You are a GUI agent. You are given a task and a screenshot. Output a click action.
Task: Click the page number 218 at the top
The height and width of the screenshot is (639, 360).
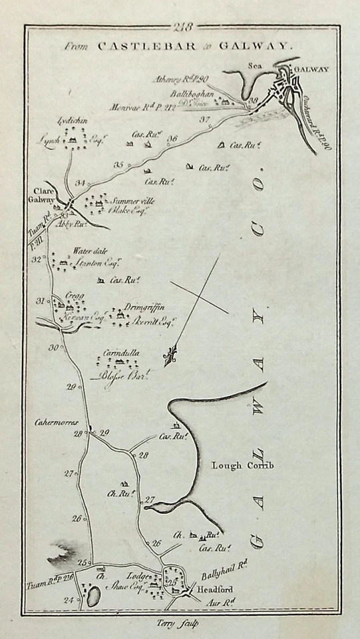point(181,27)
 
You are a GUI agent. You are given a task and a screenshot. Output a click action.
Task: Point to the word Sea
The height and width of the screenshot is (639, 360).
point(253,66)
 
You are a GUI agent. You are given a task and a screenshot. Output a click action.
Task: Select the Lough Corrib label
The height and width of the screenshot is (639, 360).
point(242,465)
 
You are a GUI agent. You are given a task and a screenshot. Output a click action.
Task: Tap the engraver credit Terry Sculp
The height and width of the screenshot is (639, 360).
point(180,623)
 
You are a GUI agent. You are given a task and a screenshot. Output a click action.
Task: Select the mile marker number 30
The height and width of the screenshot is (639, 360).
point(53,346)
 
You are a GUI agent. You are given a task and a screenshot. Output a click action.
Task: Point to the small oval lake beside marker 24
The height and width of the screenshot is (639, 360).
point(87,595)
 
